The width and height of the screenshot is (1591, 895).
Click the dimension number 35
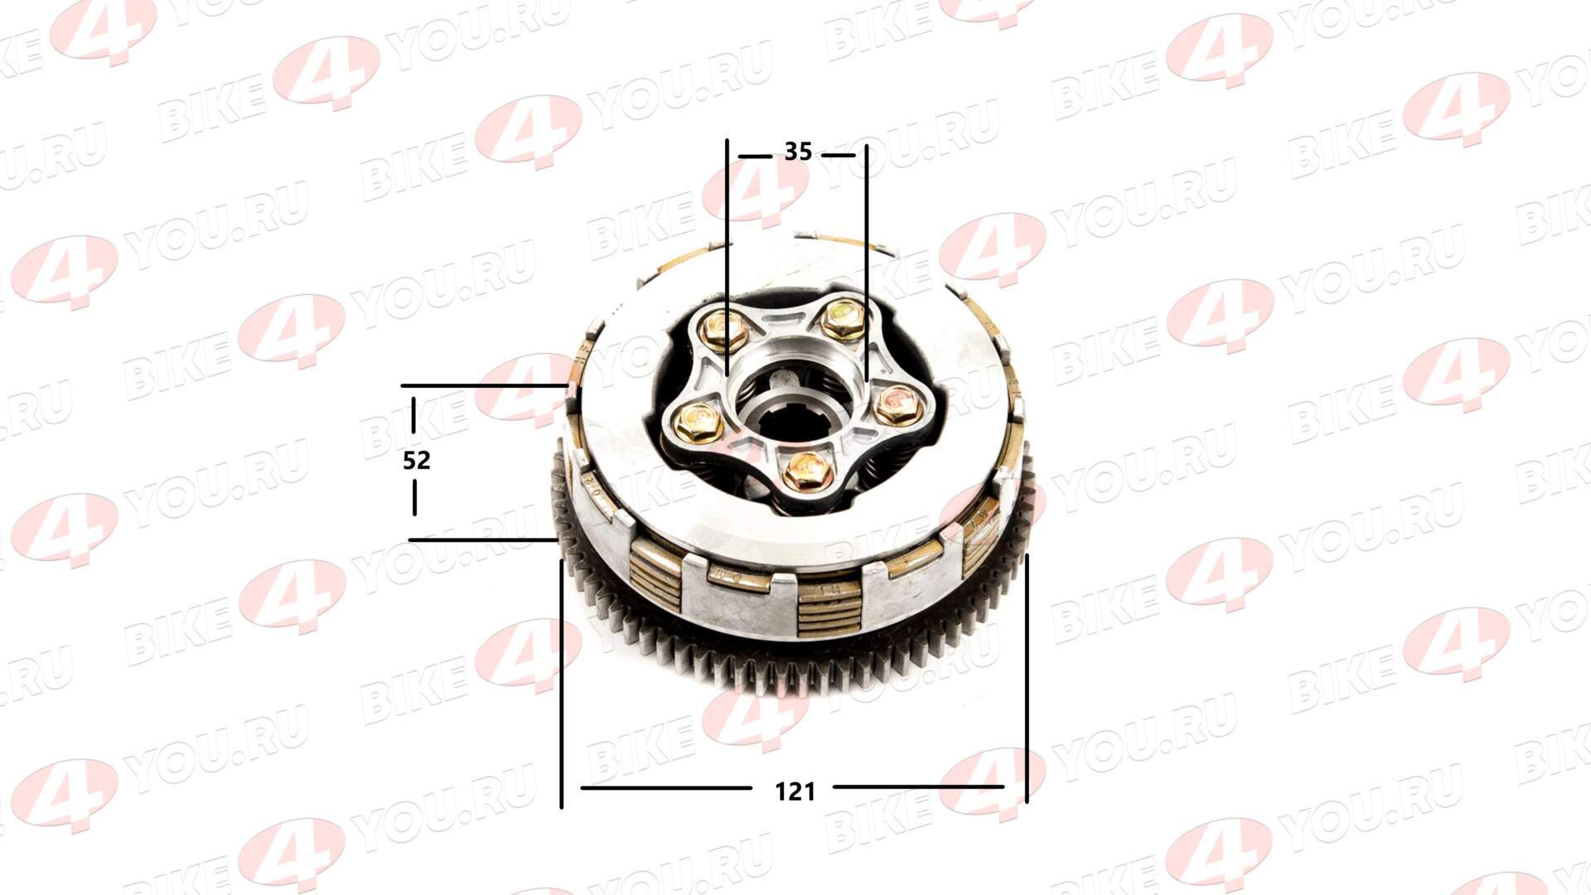point(798,152)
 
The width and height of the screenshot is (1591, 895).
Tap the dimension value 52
point(417,460)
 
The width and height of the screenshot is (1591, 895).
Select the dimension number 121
point(795,792)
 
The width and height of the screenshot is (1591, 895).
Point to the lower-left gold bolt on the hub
point(697,423)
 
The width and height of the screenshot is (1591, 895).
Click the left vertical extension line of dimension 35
point(728,258)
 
